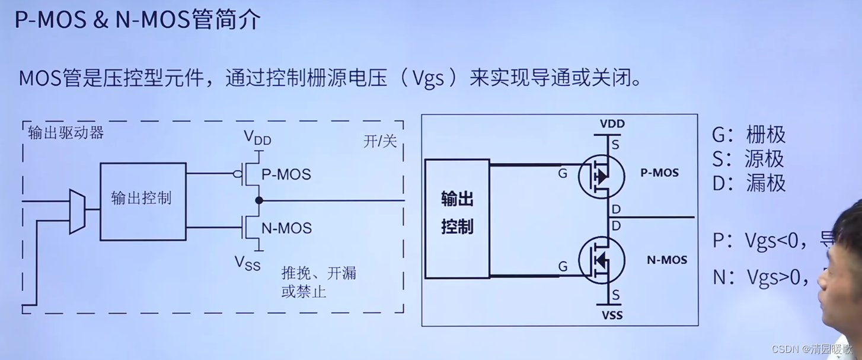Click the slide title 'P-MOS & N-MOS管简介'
(138, 21)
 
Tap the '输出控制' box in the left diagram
(142, 201)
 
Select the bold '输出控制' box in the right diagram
(457, 218)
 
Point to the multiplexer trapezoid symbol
(77, 212)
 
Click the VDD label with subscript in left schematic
(258, 138)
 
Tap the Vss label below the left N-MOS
(247, 263)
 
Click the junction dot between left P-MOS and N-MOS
(259, 200)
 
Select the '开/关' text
(380, 142)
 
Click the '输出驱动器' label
(66, 133)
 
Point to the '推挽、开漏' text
(319, 273)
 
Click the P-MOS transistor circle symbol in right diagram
(601, 176)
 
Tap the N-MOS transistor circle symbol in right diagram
(601, 260)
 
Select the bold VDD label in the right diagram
(612, 125)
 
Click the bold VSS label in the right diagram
(612, 316)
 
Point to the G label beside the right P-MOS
(563, 174)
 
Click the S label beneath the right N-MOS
(616, 295)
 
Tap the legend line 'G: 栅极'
(749, 135)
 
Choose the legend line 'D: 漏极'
(749, 183)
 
